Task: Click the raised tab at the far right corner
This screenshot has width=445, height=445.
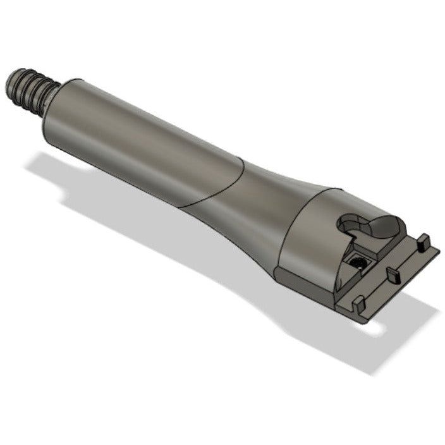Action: click(424, 241)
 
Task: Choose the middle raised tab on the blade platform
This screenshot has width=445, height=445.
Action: click(393, 274)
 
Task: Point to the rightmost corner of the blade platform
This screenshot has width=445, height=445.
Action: click(439, 250)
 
